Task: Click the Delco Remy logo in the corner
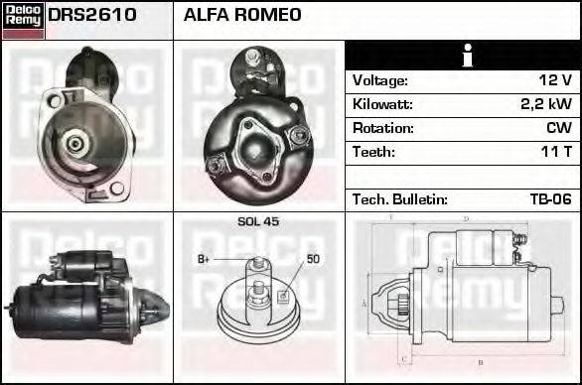[x=23, y=19]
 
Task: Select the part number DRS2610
[x=92, y=16]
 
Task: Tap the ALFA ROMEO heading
[x=243, y=16]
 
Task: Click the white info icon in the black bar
[x=463, y=56]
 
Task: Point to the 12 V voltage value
[x=553, y=80]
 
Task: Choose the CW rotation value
[x=558, y=128]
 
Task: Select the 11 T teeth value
[x=555, y=152]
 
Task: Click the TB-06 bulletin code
[x=550, y=199]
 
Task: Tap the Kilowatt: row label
[x=382, y=104]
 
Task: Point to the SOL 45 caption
[x=258, y=221]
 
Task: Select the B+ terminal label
[x=204, y=259]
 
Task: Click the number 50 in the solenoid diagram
[x=313, y=259]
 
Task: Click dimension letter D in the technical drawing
[x=466, y=217]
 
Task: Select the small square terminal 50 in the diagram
[x=284, y=294]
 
